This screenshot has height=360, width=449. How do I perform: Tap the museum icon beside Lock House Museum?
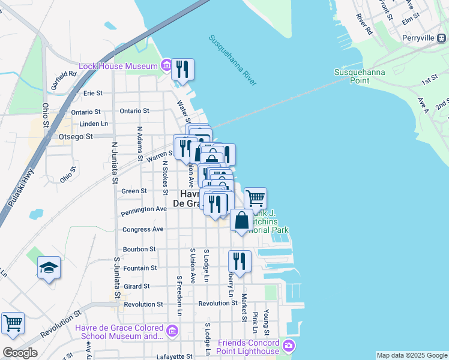(166, 65)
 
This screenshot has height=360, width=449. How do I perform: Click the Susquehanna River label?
(232, 59)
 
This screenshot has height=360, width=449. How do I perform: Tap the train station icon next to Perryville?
(441, 38)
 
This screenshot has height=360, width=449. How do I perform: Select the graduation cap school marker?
(49, 267)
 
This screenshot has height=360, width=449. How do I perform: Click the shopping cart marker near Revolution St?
(13, 323)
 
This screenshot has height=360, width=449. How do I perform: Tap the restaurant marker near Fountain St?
(240, 261)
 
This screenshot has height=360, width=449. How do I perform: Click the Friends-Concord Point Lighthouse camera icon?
(289, 345)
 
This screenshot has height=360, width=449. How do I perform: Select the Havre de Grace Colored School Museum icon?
(173, 331)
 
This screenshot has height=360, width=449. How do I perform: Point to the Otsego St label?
(76, 136)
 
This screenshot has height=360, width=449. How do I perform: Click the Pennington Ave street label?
(143, 209)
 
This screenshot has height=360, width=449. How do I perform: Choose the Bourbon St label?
(139, 248)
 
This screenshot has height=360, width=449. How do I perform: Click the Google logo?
(19, 353)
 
